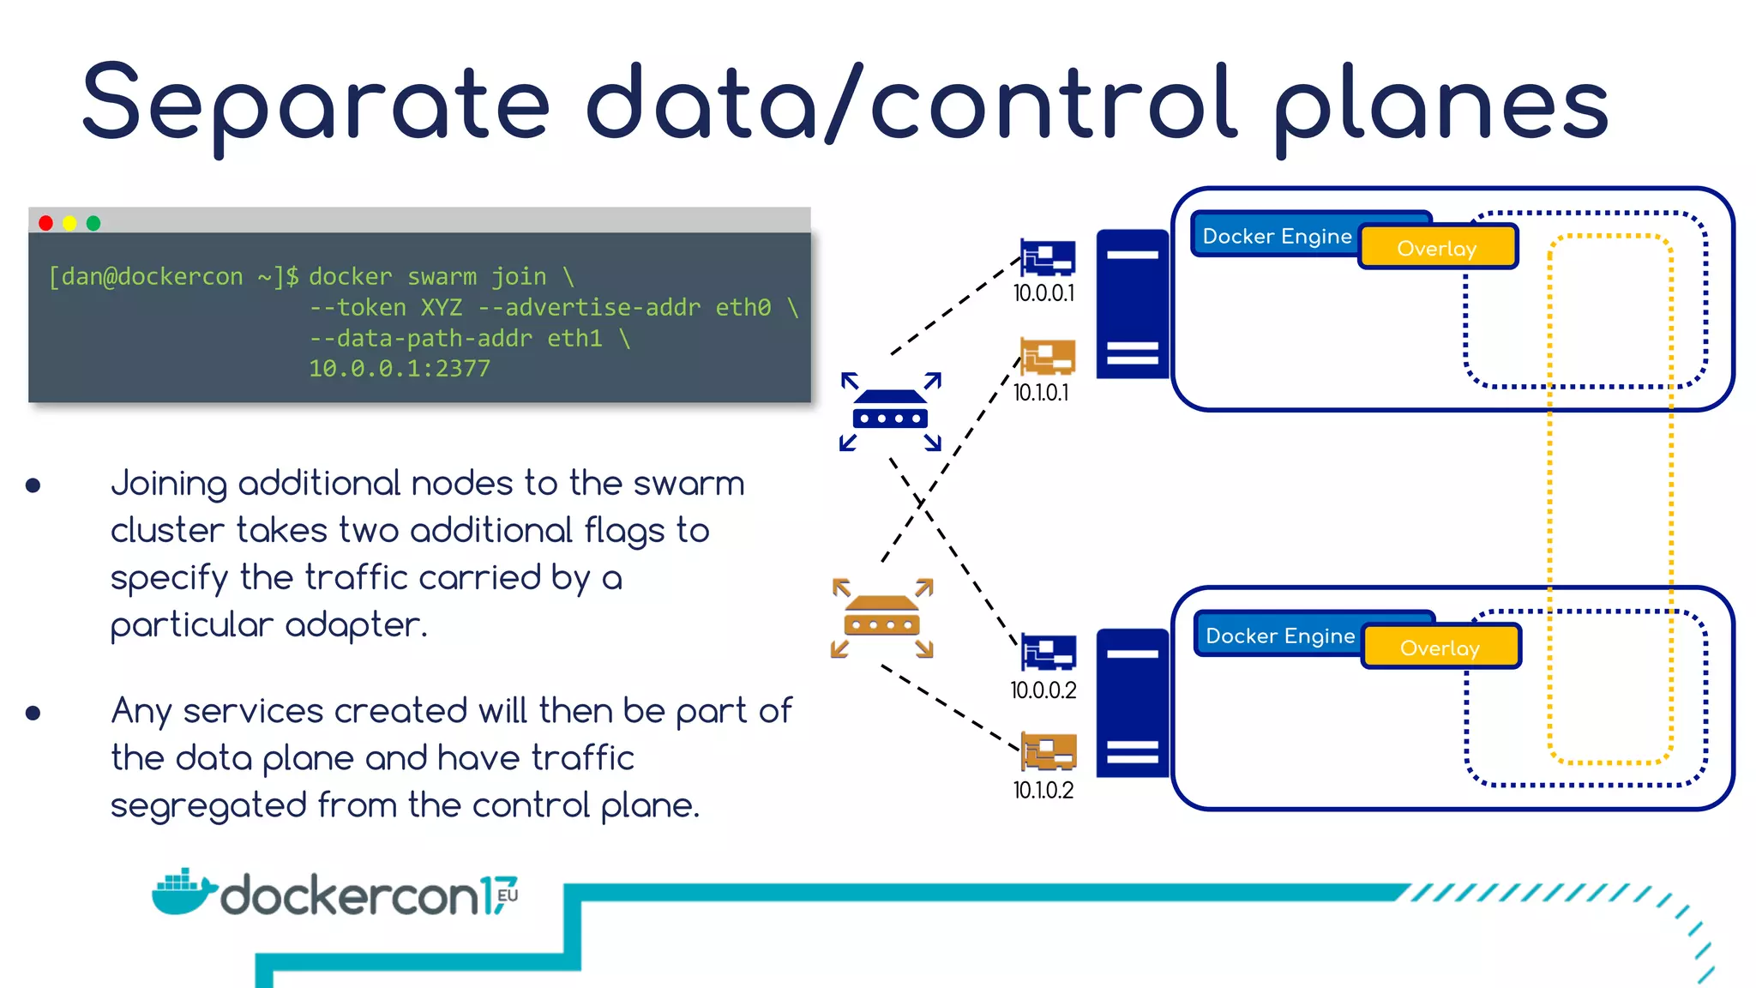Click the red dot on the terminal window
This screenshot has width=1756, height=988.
point(46,223)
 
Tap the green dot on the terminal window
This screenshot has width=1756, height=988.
point(93,223)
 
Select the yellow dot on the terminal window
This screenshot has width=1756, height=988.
point(69,223)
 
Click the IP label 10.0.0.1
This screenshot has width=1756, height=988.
point(1043,293)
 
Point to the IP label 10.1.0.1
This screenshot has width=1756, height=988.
point(1041,393)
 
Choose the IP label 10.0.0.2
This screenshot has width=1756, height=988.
point(1043,690)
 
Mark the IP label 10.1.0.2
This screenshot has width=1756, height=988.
point(1043,790)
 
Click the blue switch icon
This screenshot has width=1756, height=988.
point(891,411)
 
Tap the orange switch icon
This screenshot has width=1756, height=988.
point(882,617)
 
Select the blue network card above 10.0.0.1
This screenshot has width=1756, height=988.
point(1048,257)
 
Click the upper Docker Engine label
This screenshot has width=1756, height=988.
point(1277,236)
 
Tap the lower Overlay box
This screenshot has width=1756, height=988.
point(1440,648)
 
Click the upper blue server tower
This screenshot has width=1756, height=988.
point(1133,304)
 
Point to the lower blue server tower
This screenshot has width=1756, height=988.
point(1133,703)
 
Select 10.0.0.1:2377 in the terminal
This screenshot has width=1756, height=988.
point(400,369)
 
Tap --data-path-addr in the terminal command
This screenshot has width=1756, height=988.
point(420,339)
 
